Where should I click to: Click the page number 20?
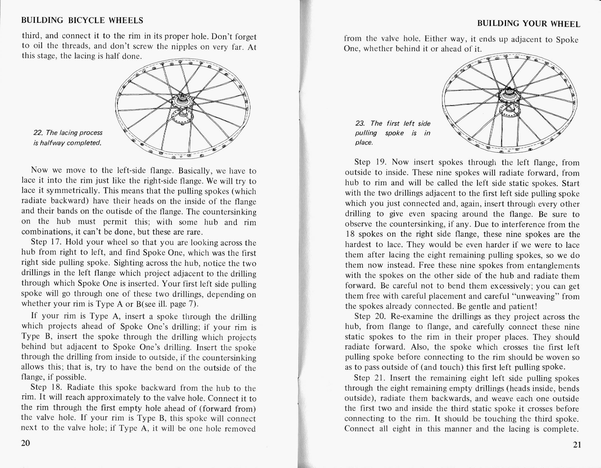click(26, 443)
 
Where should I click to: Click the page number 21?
click(577, 445)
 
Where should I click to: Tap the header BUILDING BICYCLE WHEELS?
click(82, 20)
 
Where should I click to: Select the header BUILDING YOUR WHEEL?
click(529, 24)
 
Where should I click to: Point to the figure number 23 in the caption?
click(360, 123)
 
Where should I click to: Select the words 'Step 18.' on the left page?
click(44, 387)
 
